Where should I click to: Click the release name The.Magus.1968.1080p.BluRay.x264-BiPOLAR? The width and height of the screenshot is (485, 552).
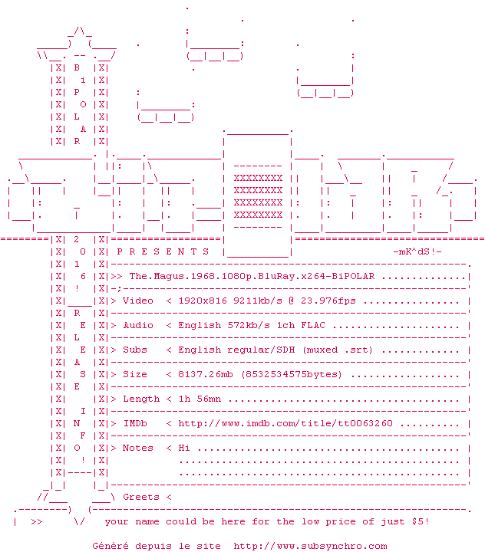[x=252, y=276]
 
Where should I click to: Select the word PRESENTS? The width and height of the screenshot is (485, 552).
[x=163, y=251]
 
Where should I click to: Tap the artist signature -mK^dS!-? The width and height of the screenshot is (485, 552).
[x=417, y=251]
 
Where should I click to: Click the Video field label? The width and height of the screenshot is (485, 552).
[x=138, y=301]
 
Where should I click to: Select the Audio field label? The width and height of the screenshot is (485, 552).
[x=138, y=325]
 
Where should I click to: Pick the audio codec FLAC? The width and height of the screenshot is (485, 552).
[x=313, y=325]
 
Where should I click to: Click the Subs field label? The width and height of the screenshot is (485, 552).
[x=135, y=350]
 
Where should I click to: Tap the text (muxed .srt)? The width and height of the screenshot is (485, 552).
[x=338, y=350]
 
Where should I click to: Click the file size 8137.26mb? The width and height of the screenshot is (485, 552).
[x=206, y=374]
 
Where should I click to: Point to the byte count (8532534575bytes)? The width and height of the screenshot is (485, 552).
[x=292, y=375]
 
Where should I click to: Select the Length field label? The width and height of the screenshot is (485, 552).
[x=141, y=399]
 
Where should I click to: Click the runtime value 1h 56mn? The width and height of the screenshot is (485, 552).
[x=200, y=399]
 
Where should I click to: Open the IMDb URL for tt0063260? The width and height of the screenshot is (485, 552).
[x=285, y=423]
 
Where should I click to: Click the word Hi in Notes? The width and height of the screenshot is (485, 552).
[x=184, y=448]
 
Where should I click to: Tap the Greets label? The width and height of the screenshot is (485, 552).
[x=141, y=497]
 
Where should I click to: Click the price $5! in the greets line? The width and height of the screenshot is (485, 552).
[x=421, y=521]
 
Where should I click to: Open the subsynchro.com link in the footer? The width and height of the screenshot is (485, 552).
[x=310, y=547]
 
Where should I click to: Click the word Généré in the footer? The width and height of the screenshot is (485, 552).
[x=111, y=546]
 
